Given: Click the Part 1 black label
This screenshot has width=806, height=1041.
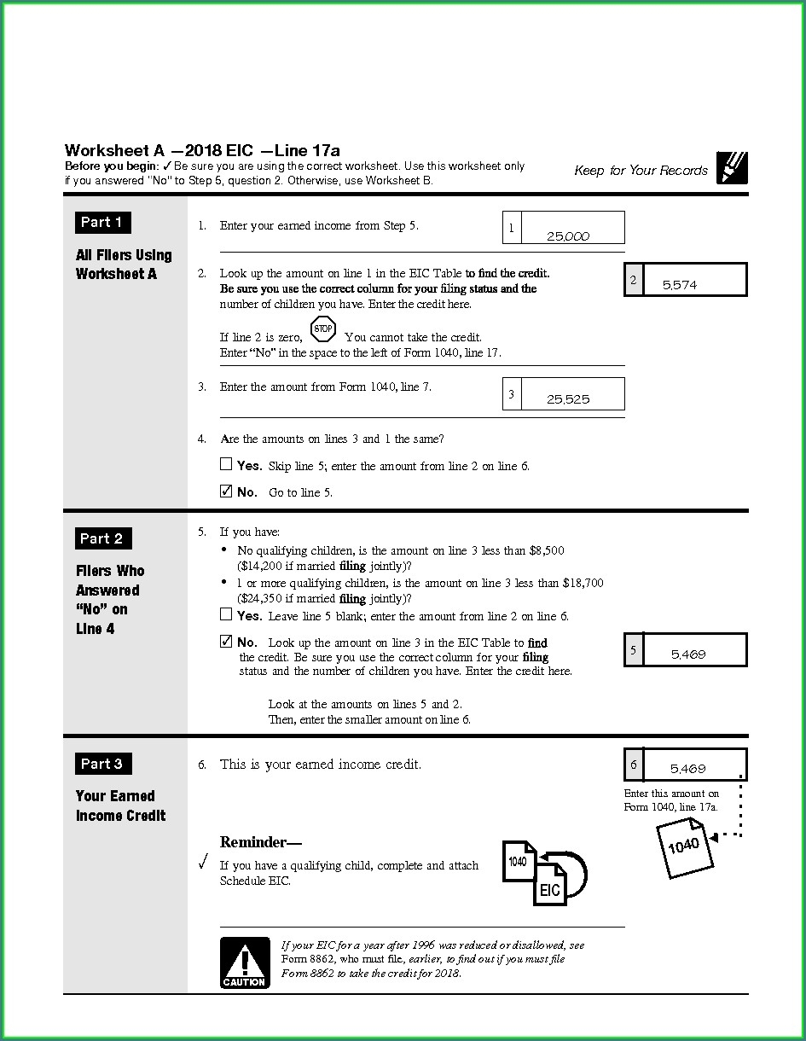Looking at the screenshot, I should point(102,223).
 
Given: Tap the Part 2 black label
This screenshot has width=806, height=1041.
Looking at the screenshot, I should point(102,538).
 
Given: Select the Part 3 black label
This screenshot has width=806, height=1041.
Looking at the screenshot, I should point(102,764).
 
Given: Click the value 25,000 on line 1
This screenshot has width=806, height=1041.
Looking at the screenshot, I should point(567,236).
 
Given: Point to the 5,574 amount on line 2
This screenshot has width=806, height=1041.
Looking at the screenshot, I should point(680,285).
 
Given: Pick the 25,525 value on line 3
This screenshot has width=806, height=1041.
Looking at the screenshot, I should point(568,399).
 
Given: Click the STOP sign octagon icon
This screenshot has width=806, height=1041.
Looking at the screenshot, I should point(323,329).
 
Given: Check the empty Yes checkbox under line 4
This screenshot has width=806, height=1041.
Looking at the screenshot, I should point(226,465).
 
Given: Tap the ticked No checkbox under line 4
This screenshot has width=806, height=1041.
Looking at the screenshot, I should point(226,491).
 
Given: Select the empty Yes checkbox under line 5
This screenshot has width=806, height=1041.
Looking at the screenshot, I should point(226,614).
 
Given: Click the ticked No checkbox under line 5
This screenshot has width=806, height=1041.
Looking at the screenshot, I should point(226,642).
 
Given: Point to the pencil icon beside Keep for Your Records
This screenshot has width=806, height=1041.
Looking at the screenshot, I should point(732,168).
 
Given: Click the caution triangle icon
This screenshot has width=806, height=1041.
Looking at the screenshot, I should point(245,962).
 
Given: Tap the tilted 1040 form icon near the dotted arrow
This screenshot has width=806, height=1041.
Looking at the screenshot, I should point(684,846).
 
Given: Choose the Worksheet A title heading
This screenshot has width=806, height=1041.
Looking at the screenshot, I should point(202,151).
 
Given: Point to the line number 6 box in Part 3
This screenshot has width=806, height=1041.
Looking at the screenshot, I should point(634,765).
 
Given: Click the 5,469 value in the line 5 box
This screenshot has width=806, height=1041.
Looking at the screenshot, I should point(688,654).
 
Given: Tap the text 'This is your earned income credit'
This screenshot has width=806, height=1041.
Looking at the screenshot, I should point(320,765).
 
